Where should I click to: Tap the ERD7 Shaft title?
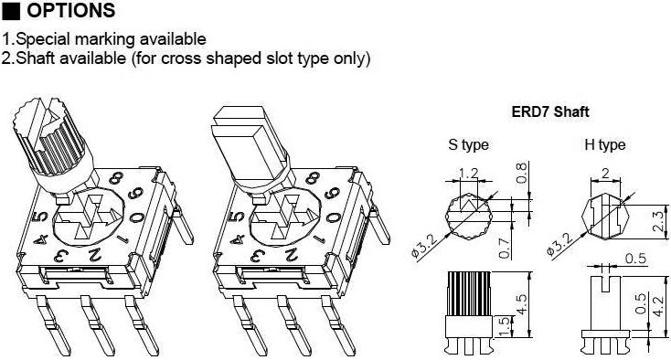pos(549,112)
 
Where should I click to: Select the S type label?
pos(468,144)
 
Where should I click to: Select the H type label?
pos(604,144)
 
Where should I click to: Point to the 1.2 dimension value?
pos(468,174)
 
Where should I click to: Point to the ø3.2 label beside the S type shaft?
pos(427,242)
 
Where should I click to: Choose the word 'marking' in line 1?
pos(102,39)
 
